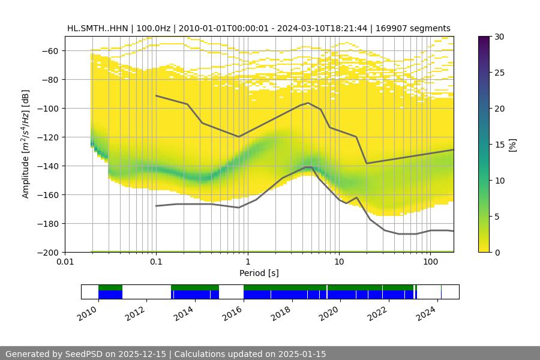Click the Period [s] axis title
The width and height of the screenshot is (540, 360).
pyautogui.click(x=259, y=273)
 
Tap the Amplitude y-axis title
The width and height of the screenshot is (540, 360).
pyautogui.click(x=25, y=144)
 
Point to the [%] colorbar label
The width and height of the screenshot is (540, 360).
pyautogui.click(x=512, y=145)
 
